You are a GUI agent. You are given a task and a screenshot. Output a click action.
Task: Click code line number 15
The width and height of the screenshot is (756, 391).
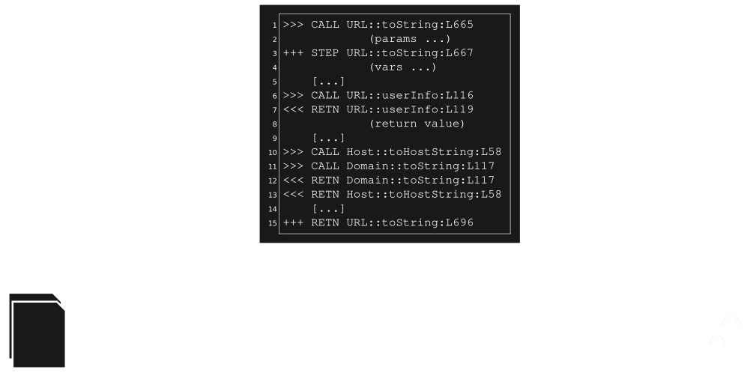(x=274, y=223)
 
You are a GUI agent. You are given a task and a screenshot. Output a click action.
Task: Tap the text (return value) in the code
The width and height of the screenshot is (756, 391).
(x=417, y=124)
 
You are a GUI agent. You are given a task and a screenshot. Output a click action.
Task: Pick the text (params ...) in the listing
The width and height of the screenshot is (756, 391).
(x=409, y=39)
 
